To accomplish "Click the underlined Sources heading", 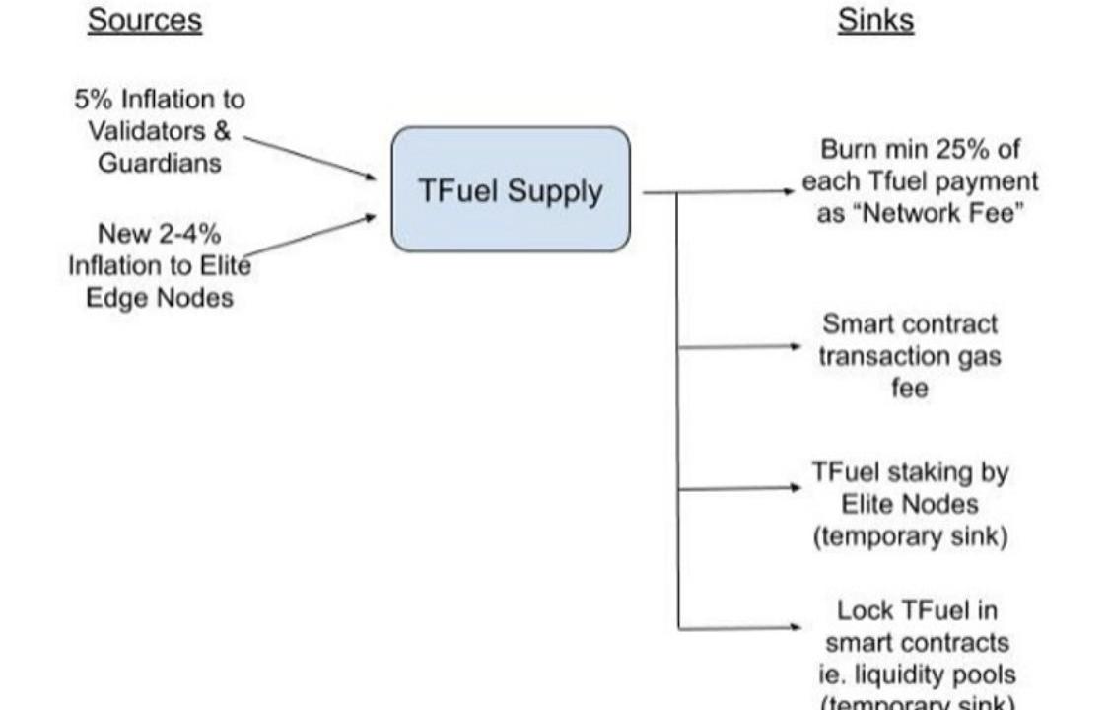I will click(x=144, y=21).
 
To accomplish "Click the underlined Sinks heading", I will click(x=875, y=21).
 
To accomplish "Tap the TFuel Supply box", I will click(x=510, y=189).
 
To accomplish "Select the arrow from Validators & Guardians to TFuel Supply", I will click(x=310, y=158).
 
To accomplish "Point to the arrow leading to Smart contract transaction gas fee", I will click(x=739, y=346).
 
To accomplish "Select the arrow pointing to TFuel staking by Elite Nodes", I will click(x=739, y=487).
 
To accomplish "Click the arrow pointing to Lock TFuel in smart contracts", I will click(x=739, y=627).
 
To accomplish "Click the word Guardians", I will click(x=159, y=163).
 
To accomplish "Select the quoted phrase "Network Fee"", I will click(x=929, y=214).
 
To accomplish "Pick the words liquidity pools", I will click(x=935, y=675).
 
